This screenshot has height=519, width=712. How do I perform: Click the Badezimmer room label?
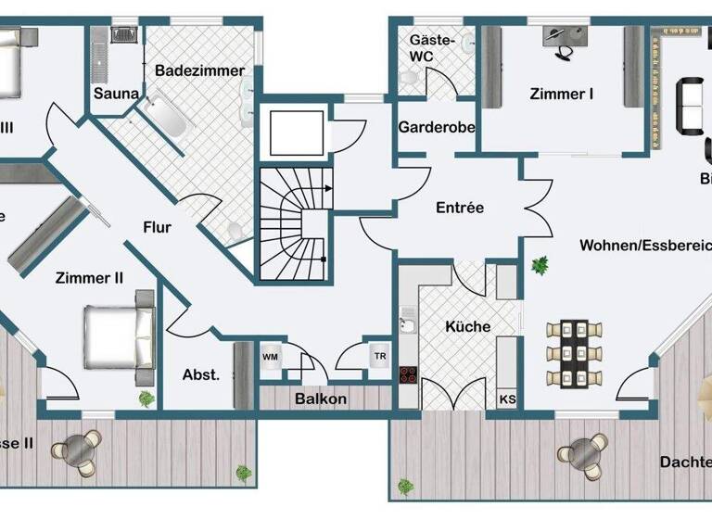(199, 70)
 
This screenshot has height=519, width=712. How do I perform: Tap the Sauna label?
(117, 94)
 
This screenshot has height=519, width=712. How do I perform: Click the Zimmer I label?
(562, 94)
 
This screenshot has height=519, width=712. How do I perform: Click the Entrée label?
(460, 208)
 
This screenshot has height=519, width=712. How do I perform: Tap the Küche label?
(467, 326)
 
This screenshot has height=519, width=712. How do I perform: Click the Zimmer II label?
(90, 276)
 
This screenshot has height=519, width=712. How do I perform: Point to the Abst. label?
(200, 374)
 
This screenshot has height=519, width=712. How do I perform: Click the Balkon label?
(321, 399)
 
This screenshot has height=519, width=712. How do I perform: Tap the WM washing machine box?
(271, 356)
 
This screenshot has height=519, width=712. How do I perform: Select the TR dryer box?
(380, 356)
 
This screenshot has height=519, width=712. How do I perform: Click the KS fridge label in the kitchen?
(507, 399)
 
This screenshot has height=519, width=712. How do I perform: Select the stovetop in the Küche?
(408, 375)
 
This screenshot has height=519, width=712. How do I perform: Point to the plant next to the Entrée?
(539, 266)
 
